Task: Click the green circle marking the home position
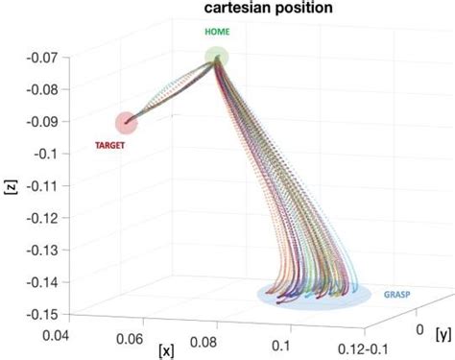click(218, 58)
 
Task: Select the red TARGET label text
click(113, 146)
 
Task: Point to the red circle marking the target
click(126, 122)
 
